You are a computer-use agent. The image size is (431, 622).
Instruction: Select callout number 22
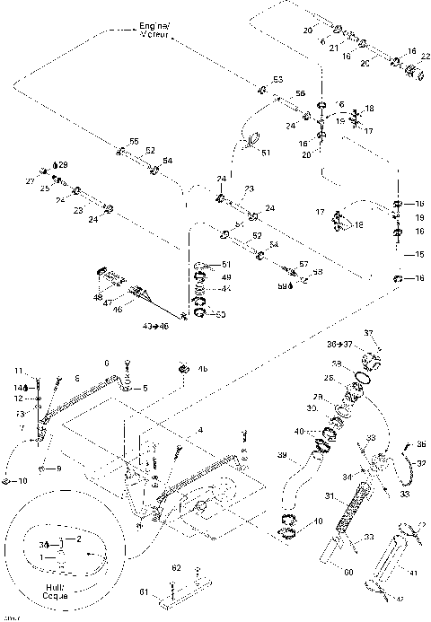pyautogui.click(x=423, y=57)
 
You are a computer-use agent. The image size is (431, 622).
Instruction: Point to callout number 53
pyautogui.click(x=277, y=80)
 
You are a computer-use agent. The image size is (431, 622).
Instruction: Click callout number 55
pyautogui.click(x=134, y=142)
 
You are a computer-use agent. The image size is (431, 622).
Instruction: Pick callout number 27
pyautogui.click(x=30, y=180)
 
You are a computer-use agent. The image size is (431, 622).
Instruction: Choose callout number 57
pyautogui.click(x=303, y=264)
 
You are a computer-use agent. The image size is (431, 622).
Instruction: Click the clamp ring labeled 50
pyautogui.click(x=200, y=313)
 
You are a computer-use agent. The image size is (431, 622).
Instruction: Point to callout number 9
pyautogui.click(x=58, y=469)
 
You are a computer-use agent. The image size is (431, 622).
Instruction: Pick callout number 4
pyautogui.click(x=199, y=430)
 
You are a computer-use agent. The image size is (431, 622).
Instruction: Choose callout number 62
pyautogui.click(x=177, y=567)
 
